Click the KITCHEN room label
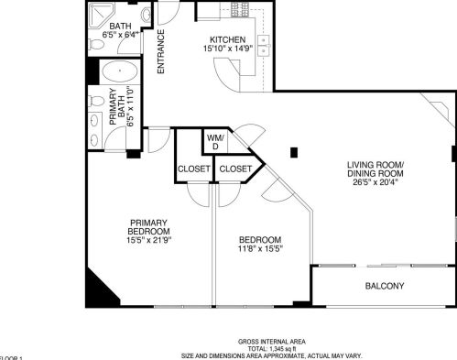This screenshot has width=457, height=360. pos(226,38)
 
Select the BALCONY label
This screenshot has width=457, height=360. pos(385,286)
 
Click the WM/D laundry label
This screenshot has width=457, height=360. pos(215,141)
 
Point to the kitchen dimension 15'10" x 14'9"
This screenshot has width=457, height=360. pos(226,49)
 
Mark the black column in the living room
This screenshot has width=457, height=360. pos(293,152)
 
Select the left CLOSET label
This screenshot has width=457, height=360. pos(193,169)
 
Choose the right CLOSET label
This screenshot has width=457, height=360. pos(235,169)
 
